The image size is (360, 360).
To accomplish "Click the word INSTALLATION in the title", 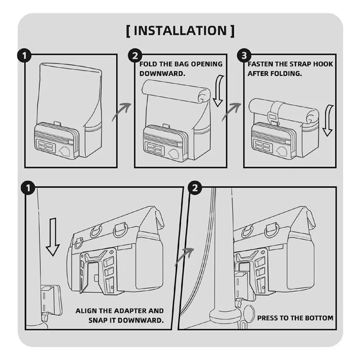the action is pos(180,31).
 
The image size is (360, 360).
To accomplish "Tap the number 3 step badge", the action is pos(244,55).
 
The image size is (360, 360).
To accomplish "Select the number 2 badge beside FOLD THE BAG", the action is pos(135,55).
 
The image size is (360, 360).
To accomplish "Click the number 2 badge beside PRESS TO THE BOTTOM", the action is pos(195,188).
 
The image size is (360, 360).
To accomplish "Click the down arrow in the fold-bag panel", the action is pos(218,91).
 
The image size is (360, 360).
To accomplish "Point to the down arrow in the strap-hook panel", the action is pos(328,121).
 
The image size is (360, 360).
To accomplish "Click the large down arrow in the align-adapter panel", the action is pos(53,237).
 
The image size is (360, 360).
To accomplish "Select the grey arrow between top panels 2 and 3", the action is pos(232,111).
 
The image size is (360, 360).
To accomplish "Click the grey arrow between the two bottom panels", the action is pos(184,257).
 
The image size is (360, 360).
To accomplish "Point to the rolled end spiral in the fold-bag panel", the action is pos(204,96).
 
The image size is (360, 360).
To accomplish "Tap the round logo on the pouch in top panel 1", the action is pos(65,151).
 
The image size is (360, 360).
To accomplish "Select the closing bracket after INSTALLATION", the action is pos(233,31).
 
